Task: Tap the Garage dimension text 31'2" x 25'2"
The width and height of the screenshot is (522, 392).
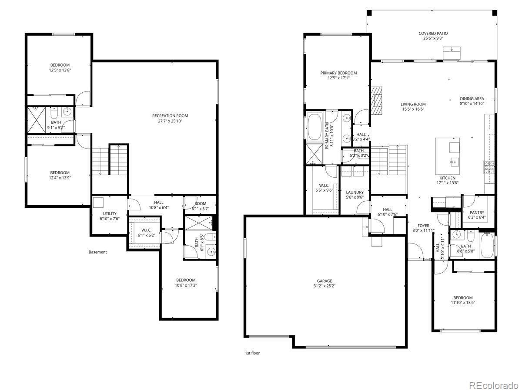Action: pos(324,286)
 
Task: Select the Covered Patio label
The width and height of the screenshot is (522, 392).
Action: pos(433,33)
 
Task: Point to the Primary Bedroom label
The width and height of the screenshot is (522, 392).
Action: pos(338,73)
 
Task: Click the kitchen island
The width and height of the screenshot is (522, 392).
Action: pos(448,155)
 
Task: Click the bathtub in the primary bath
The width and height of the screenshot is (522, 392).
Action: pos(314,127)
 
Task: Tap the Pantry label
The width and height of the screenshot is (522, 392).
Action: pos(476,213)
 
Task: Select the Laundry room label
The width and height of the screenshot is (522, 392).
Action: pos(355,192)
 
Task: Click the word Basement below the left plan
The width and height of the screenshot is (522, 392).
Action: pos(97,252)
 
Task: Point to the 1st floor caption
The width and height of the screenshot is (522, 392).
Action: pos(252,353)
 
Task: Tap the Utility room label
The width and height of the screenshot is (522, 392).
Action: pos(110,213)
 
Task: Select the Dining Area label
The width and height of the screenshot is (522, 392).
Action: pos(472,98)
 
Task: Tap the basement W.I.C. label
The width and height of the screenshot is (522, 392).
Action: pos(146,230)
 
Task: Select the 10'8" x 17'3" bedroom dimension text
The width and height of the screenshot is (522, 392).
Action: pos(186,285)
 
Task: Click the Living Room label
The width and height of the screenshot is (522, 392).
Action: pos(413,104)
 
